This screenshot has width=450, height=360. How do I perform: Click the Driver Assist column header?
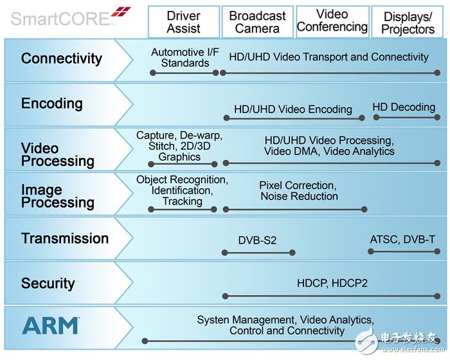(183, 22)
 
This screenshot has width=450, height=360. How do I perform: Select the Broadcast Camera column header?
(257, 22)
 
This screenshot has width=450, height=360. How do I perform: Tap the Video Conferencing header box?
(332, 21)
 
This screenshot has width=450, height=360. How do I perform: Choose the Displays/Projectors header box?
(408, 22)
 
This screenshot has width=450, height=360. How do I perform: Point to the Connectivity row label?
(62, 59)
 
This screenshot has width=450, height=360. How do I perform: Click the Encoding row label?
(52, 104)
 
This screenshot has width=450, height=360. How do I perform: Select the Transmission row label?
(65, 239)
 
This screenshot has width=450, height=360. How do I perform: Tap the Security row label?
(48, 283)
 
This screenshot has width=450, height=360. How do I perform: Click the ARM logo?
(51, 325)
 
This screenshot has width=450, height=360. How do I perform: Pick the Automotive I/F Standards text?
(181, 57)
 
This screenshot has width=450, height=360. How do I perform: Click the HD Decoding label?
(404, 107)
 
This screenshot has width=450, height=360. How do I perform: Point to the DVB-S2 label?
(257, 240)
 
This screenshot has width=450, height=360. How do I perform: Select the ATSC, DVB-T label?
(402, 239)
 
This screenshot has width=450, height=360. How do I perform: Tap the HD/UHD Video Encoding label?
(292, 109)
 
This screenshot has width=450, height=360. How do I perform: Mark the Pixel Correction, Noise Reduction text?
(299, 190)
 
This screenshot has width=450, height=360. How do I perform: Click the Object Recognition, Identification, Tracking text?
(182, 190)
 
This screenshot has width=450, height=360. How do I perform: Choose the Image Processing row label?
(58, 196)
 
